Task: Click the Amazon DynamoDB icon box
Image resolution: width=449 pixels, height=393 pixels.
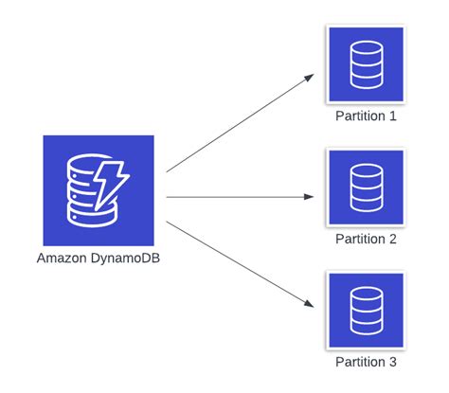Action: (99, 190)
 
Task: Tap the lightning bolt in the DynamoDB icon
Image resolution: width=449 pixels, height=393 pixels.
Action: (111, 186)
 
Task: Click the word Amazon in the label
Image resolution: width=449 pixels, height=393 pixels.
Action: (62, 259)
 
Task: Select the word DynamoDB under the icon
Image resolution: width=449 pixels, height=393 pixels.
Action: (125, 259)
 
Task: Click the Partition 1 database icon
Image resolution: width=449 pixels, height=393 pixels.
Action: (366, 64)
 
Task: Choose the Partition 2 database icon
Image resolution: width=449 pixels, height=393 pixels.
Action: (366, 188)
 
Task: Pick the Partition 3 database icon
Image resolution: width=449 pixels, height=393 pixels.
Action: (366, 311)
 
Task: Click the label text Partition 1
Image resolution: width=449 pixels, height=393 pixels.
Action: (366, 116)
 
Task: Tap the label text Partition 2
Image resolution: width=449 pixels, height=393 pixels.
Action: (366, 239)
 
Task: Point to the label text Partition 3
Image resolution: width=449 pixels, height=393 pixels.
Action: (366, 362)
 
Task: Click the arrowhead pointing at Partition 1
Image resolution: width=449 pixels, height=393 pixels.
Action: (309, 78)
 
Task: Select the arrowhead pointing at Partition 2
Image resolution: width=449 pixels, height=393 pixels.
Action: (309, 197)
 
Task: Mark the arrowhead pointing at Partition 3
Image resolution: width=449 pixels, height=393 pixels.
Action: (309, 303)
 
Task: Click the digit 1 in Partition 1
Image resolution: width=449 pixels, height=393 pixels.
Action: (392, 116)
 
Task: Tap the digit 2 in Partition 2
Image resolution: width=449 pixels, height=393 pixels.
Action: (392, 239)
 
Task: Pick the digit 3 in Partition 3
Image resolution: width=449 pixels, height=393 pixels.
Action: (392, 362)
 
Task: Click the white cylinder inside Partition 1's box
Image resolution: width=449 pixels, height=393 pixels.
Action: (367, 64)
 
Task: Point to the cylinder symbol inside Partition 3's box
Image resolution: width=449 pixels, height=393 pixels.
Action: (367, 311)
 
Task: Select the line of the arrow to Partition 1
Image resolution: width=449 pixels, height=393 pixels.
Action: (240, 123)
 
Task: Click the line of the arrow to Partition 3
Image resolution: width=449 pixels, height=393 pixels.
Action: (240, 264)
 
